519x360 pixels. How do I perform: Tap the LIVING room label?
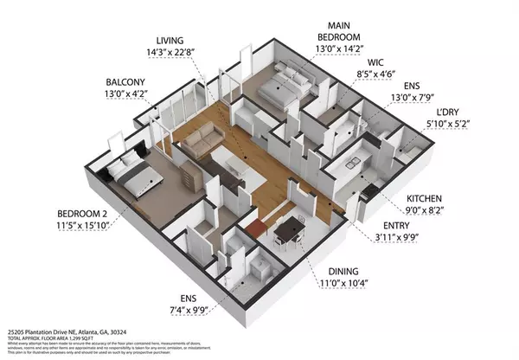coord(171,41)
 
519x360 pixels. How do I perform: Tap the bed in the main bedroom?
coord(283,87)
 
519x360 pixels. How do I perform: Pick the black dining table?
coord(288,228)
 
